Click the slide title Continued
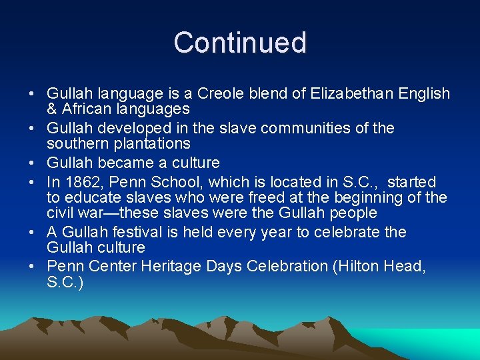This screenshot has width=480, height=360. point(240,43)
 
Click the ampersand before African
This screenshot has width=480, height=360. point(52,109)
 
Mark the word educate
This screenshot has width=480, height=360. point(95,197)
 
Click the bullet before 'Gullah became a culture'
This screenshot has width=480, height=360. point(33,163)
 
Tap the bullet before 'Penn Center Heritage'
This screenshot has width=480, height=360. point(33,267)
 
